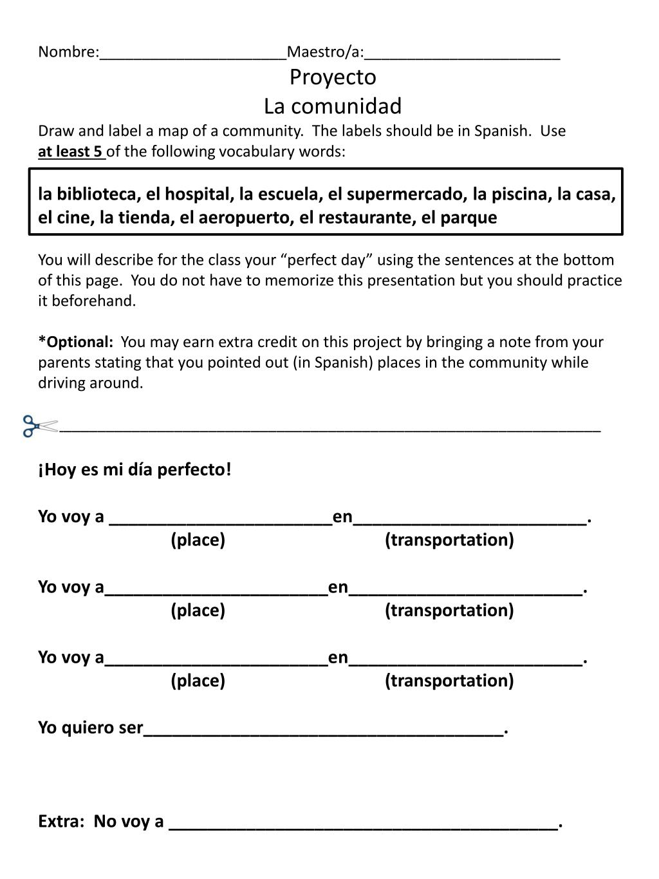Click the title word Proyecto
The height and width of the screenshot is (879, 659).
[x=333, y=77]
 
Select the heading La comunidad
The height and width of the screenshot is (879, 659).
[x=333, y=106]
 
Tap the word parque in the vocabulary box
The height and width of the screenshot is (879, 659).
[x=469, y=218]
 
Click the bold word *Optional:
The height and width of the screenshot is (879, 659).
[x=76, y=342]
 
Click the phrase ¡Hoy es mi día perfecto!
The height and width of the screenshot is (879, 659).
[x=135, y=469]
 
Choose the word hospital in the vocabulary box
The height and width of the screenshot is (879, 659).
[x=197, y=194]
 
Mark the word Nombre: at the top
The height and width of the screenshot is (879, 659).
[x=68, y=52]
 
